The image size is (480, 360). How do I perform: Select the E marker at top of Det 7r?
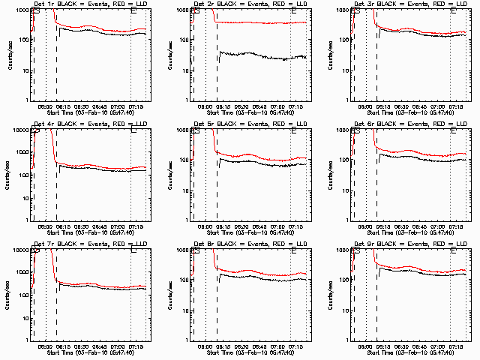pyautogui.click(x=133, y=250)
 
